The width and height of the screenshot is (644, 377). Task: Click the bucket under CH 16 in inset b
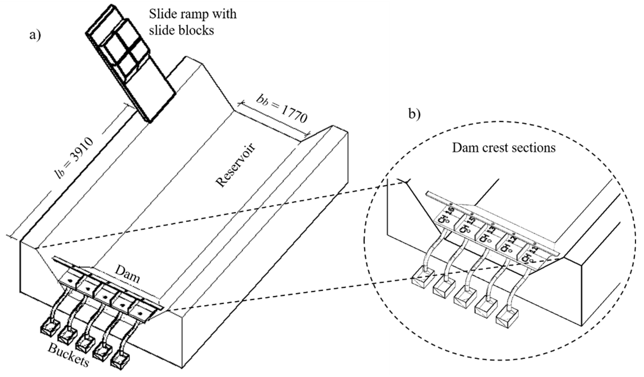click(423, 279)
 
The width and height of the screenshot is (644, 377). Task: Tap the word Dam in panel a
click(127, 274)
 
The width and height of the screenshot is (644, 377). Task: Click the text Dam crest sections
click(504, 148)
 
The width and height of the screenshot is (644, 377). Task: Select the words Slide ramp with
click(193, 14)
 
